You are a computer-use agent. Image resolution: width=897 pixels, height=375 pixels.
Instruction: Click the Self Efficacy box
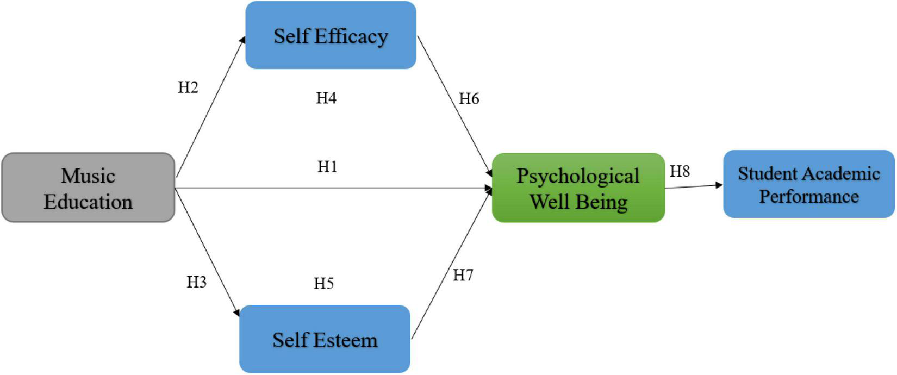pyautogui.click(x=331, y=35)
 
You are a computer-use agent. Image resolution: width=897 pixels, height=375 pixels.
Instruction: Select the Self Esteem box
pyautogui.click(x=325, y=339)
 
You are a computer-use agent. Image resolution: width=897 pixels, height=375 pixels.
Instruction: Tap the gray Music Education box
pyautogui.click(x=88, y=188)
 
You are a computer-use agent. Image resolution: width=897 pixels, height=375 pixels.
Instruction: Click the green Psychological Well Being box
pyautogui.click(x=578, y=188)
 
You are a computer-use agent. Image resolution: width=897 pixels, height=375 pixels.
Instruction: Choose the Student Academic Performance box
pyautogui.click(x=808, y=185)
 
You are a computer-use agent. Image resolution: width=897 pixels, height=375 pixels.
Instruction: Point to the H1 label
pyautogui.click(x=327, y=167)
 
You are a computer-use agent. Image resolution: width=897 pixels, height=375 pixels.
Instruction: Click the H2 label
pyautogui.click(x=188, y=87)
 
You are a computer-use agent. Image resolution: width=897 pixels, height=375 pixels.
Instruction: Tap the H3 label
pyautogui.click(x=196, y=282)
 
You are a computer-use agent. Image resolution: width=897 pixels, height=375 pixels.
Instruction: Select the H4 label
pyautogui.click(x=326, y=98)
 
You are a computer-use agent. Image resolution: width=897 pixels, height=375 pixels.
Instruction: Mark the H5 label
pyautogui.click(x=323, y=284)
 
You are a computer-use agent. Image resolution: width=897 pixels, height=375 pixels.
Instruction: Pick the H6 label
pyautogui.click(x=469, y=99)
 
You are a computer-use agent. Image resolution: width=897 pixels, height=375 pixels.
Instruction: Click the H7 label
pyautogui.click(x=463, y=276)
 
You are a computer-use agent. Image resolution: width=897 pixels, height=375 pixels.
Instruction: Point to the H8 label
pyautogui.click(x=680, y=172)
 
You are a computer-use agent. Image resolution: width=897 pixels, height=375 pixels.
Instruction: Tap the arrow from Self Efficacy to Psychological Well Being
pyautogui.click(x=454, y=106)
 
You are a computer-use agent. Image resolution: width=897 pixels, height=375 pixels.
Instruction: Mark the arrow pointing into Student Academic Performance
pyautogui.click(x=694, y=186)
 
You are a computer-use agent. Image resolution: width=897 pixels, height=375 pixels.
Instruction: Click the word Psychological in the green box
pyautogui.click(x=578, y=176)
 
